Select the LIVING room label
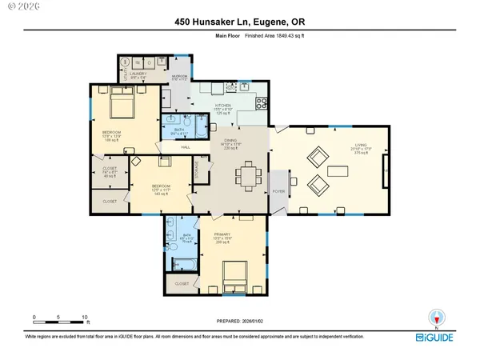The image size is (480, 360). point(361,146)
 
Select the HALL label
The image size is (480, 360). point(185,147)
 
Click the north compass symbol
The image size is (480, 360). point(435,318)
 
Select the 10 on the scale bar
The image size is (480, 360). point(86,318)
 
